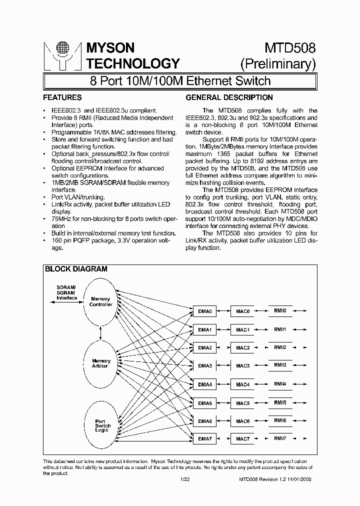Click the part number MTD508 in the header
pyautogui.click(x=290, y=48)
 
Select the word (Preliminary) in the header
pyautogui.click(x=278, y=64)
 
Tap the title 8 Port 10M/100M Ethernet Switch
pyautogui.click(x=180, y=80)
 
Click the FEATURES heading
pyautogui.click(x=62, y=97)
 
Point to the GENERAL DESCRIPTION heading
pyautogui.click(x=229, y=97)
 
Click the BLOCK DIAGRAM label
pyautogui.click(x=76, y=269)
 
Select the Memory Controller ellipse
pyautogui.click(x=101, y=302)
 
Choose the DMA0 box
pyautogui.click(x=205, y=311)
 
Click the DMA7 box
pyautogui.click(x=205, y=439)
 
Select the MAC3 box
pyautogui.click(x=242, y=366)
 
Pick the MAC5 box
pyautogui.click(x=242, y=403)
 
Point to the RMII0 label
pyautogui.click(x=280, y=311)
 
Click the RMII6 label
pyautogui.click(x=280, y=421)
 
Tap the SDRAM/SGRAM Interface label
pyautogui.click(x=66, y=293)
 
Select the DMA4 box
pyautogui.click(x=205, y=384)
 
